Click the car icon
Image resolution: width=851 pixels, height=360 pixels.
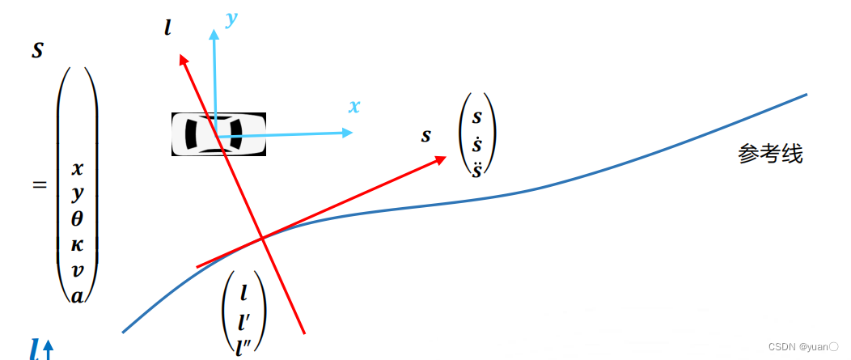[x=218, y=134]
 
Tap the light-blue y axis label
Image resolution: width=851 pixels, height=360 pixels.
[x=231, y=20]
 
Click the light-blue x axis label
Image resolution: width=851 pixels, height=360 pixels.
[x=354, y=106]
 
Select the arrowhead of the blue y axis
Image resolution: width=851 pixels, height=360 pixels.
[x=214, y=34]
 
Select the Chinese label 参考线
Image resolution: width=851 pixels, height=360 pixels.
[x=770, y=155]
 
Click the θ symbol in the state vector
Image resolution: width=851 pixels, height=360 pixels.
[x=77, y=219]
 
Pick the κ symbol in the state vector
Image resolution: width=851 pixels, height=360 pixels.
[x=77, y=245]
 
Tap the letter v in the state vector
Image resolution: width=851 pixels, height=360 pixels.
[x=77, y=271]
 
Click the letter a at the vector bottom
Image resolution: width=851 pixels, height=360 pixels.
[x=77, y=295]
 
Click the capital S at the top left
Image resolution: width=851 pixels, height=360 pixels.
[x=37, y=50]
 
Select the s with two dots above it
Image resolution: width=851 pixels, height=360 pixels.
[x=477, y=170]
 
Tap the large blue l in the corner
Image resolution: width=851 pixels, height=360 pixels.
[x=34, y=349]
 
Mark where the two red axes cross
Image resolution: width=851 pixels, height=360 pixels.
[x=263, y=238]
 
